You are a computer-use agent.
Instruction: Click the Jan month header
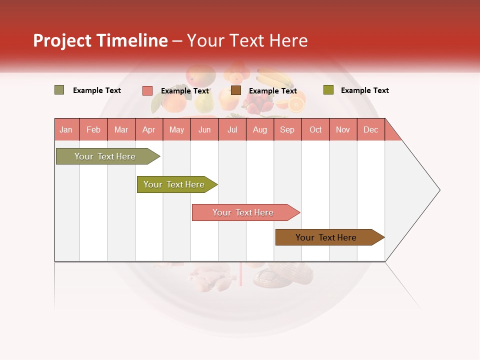point(66,129)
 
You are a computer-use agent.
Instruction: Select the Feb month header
point(93,129)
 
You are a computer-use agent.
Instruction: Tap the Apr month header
point(148,129)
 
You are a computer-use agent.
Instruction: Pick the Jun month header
point(204,129)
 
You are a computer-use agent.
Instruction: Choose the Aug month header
point(260,129)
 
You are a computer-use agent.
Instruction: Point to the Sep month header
point(287,129)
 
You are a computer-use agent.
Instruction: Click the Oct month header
point(315,129)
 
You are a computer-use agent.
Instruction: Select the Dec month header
point(370,129)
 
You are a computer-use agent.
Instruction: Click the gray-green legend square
point(59,90)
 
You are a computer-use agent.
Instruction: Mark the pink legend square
point(147,90)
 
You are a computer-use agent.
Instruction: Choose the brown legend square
point(236,90)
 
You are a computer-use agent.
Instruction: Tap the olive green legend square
point(328,90)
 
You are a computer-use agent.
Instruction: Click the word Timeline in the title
point(131,40)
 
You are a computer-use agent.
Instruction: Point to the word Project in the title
point(62,40)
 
